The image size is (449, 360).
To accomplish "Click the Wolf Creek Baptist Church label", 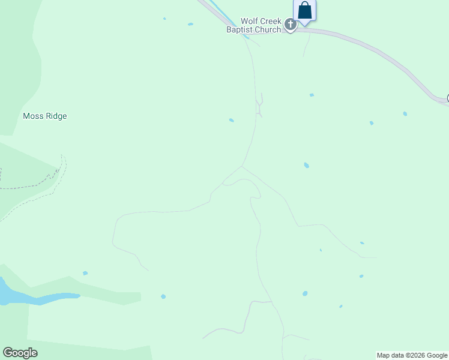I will tap(253, 25).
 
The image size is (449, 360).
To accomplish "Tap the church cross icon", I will tap(291, 25).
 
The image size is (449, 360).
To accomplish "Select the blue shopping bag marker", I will tap(305, 11).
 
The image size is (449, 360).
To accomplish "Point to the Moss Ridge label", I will tap(44, 116).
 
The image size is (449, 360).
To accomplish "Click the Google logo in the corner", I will tap(20, 353).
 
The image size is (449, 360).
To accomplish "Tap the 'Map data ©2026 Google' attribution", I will tap(412, 355).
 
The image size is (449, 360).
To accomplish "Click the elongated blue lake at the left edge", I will tap(36, 297).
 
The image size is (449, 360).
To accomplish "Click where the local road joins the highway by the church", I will tap(246, 35).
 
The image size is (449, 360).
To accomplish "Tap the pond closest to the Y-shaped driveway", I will tap(231, 120).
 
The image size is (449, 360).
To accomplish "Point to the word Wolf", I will tap(250, 21).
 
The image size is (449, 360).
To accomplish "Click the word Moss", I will tap(33, 116).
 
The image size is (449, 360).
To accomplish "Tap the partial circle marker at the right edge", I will tap(447, 99).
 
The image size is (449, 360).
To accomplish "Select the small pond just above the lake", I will tap(85, 273).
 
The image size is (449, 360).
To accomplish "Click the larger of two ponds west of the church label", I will tap(190, 24).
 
